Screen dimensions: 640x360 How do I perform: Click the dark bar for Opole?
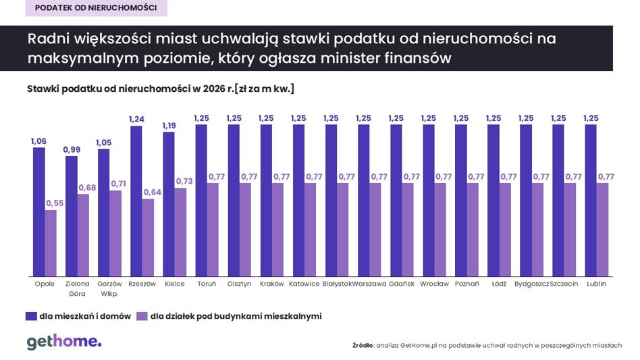(x=38, y=212)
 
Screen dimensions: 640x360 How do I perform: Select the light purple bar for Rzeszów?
(x=148, y=238)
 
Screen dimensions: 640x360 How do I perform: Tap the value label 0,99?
(x=72, y=150)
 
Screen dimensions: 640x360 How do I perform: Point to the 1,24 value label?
(x=136, y=119)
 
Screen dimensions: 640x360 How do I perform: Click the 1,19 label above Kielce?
(x=169, y=126)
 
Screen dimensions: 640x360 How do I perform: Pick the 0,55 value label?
(x=55, y=203)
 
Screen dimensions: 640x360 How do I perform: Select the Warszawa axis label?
(x=369, y=284)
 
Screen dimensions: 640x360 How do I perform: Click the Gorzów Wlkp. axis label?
(x=109, y=288)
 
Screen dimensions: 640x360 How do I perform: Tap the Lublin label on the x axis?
(x=596, y=284)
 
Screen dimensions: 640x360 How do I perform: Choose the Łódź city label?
(x=499, y=284)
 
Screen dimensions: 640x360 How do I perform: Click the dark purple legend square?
(x=31, y=316)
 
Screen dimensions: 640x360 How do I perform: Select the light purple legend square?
(x=142, y=316)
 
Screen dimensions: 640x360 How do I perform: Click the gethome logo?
(x=64, y=342)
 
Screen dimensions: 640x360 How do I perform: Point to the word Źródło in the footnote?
(x=363, y=345)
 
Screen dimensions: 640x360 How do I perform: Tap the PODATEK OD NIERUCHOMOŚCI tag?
(x=97, y=7)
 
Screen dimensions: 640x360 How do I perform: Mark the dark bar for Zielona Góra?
(x=72, y=216)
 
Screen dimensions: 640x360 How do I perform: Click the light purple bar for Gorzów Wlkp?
(x=115, y=234)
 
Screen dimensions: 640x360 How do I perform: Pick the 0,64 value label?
(x=153, y=192)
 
